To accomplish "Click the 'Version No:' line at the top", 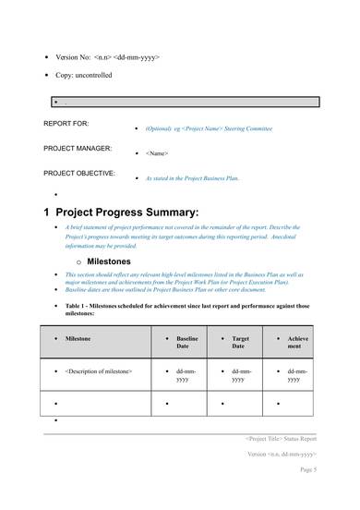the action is click(106, 57).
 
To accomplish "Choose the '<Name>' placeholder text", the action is click(158, 152).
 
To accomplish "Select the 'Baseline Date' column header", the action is click(187, 344).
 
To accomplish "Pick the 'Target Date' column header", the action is click(242, 344).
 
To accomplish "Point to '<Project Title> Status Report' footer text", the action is click(281, 439).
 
